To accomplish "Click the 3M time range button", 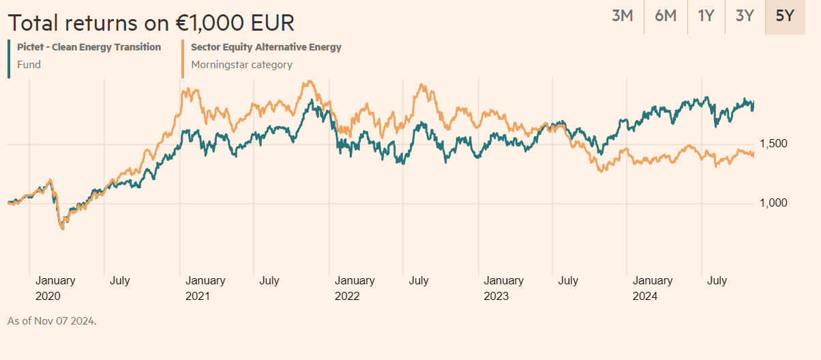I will [623, 16].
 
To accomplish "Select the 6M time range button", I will [666, 16].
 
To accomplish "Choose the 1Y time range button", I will [706, 16].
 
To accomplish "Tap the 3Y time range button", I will [745, 16].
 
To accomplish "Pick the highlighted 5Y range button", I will [785, 16].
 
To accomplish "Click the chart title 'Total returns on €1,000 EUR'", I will [151, 22].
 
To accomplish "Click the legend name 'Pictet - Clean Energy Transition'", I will [89, 47].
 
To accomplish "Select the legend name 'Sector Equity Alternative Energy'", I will [266, 47].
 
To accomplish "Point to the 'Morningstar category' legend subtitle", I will [241, 65].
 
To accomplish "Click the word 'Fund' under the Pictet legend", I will [29, 65].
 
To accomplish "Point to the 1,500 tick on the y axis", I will [773, 144].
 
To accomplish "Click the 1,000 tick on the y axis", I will [773, 203].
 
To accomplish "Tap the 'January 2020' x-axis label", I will [55, 288].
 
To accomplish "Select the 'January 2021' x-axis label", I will [205, 288].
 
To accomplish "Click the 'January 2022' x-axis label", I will [354, 288].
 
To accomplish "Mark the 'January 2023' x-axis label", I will [503, 288].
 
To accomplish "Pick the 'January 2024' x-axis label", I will [653, 288].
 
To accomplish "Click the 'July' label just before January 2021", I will [120, 280].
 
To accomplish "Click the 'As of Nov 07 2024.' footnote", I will [52, 320].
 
